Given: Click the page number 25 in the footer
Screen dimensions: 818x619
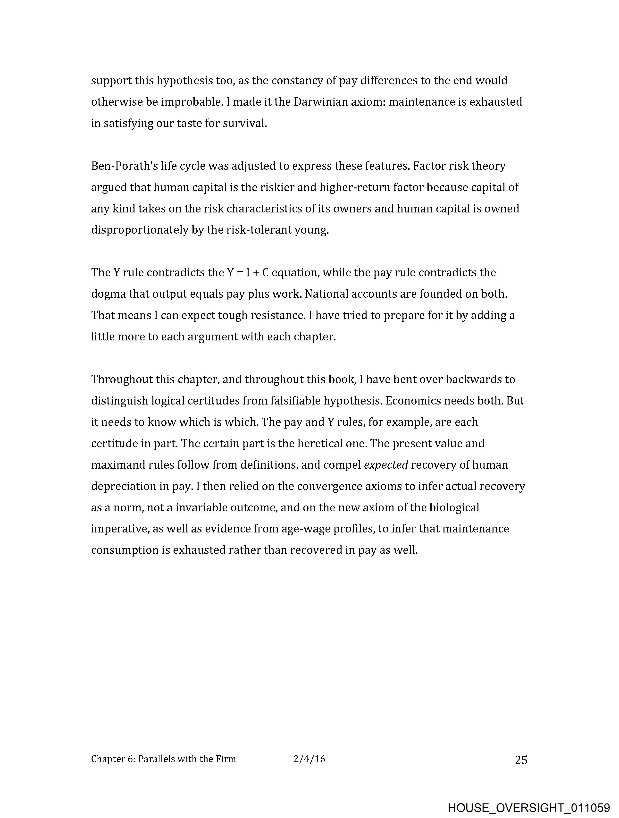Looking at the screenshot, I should pos(521,760).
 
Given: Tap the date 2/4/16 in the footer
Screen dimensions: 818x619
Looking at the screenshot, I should pos(309,759).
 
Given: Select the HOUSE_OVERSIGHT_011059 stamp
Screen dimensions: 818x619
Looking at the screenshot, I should pos(529,807).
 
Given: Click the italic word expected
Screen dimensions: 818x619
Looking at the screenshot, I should pos(386,465).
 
